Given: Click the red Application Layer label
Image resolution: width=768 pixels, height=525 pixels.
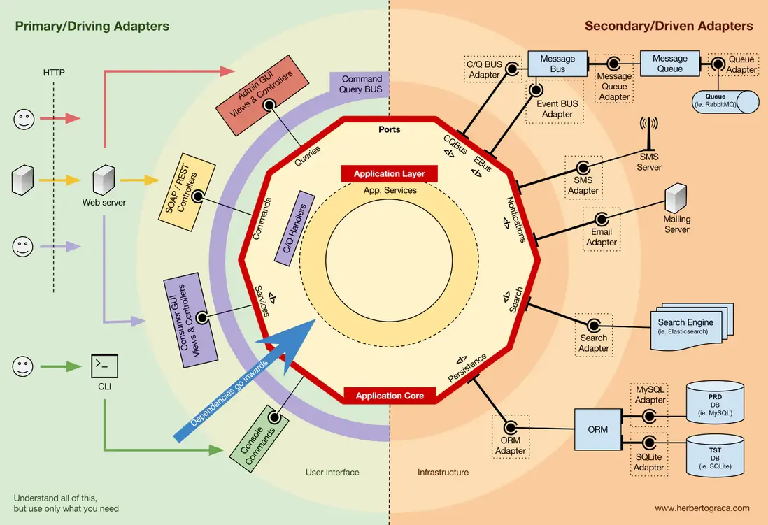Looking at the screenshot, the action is pos(390,174).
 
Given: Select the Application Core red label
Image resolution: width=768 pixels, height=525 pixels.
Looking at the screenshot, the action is pos(390,396).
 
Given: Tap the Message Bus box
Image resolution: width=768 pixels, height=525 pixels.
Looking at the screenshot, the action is pos(557,64).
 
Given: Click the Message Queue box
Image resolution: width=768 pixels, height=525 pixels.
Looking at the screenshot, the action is pos(669,64).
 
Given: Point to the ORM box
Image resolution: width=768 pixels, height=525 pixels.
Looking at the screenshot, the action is pos(598,429).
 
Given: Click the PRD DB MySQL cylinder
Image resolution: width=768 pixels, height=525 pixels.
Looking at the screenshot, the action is pos(715,402).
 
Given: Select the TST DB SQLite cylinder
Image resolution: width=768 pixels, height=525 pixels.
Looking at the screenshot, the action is pos(715,456).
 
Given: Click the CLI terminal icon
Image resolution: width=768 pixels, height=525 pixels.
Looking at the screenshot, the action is pos(104,366).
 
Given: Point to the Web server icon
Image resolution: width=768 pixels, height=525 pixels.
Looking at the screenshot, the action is pos(104,180).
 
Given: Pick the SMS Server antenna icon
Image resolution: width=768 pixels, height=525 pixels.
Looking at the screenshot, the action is pos(649,134).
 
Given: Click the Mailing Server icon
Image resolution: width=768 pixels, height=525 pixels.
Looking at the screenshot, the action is pos(676,198).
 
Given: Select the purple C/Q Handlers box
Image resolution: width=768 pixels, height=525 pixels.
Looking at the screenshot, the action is pos(294,228).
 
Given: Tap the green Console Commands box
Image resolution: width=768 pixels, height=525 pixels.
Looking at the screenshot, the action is pos(259,439).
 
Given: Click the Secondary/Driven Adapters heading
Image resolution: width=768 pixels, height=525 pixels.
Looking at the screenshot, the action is pos(669,26).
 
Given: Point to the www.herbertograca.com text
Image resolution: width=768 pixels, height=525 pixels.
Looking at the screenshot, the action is pos(702,508).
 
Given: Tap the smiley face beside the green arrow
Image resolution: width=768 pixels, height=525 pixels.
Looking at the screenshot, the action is pos(22,366).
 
